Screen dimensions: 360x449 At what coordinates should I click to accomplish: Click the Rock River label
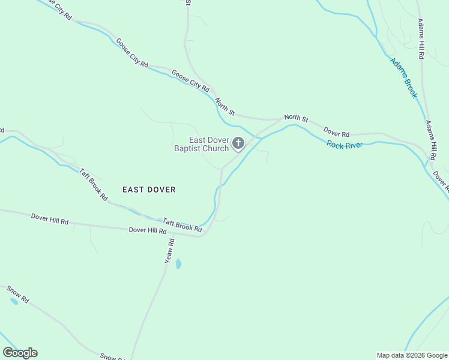tap(345, 145)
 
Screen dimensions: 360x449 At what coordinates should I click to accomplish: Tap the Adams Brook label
tap(403, 77)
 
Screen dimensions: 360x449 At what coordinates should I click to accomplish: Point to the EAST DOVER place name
tap(149, 190)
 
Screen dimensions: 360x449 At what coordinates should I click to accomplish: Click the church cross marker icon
tap(238, 143)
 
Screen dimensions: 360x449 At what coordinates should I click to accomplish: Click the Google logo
tap(20, 353)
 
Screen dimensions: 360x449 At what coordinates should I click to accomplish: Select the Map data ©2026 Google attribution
tap(412, 355)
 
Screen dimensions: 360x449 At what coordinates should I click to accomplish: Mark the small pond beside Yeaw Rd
tap(178, 263)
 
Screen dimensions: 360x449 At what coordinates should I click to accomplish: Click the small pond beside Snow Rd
tap(13, 301)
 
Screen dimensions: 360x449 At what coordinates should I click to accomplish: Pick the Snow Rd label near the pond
tap(18, 293)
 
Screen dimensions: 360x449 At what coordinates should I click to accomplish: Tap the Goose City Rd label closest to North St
tap(190, 81)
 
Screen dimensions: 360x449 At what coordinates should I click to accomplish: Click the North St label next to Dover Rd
tap(296, 118)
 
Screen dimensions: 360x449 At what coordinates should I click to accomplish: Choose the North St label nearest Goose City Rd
tap(224, 107)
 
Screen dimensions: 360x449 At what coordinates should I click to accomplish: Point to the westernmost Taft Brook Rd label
tap(94, 184)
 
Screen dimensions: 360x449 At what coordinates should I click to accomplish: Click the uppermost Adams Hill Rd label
tap(421, 38)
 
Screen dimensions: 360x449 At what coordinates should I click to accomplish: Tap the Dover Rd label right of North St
tap(336, 131)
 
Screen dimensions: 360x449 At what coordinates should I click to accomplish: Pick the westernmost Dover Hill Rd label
tap(49, 218)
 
